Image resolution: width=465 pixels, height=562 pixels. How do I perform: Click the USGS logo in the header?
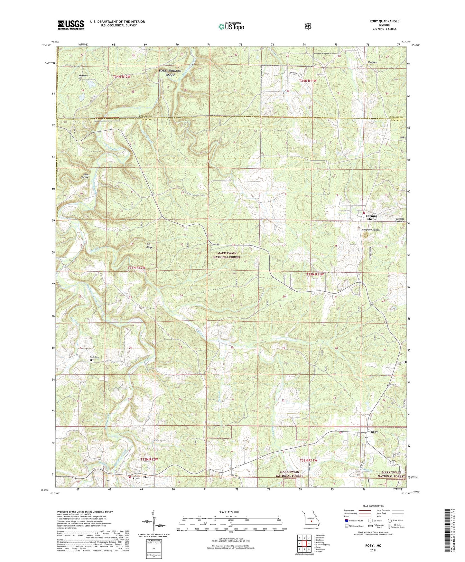pos(71,25)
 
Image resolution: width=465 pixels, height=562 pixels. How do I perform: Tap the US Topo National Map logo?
pos(231,26)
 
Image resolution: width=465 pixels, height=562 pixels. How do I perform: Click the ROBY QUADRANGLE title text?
pos(384,21)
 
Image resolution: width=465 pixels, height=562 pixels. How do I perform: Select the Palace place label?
pos(373,62)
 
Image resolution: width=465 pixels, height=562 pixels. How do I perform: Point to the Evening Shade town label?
pos(371,218)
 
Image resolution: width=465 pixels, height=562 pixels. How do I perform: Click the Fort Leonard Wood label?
pos(170,72)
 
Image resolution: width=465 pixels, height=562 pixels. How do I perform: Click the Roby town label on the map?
pos(374,432)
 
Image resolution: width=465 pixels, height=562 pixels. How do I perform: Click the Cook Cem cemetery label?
pos(94,357)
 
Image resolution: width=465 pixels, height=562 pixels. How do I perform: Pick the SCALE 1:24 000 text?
pos(228,512)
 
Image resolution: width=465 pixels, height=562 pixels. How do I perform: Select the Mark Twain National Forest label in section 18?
pos(227,255)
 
